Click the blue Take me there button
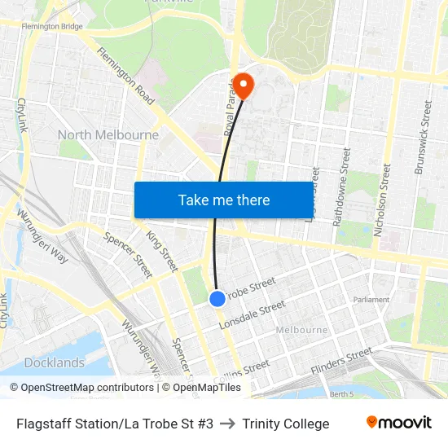pyautogui.click(x=223, y=200)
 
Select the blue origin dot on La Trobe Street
pyautogui.click(x=217, y=299)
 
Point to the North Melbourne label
pyautogui.click(x=108, y=134)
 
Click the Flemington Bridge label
pyautogui.click(x=52, y=27)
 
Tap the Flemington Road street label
pyautogui.click(x=125, y=76)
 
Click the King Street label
pyautogui.click(x=161, y=250)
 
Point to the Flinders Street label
pyautogui.click(x=341, y=362)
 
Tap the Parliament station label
pyautogui.click(x=372, y=300)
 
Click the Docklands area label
pyautogui.click(x=55, y=362)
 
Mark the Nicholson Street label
pyautogui.click(x=382, y=200)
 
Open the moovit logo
pyautogui.click(x=398, y=423)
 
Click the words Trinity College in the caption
pyautogui.click(x=286, y=424)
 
